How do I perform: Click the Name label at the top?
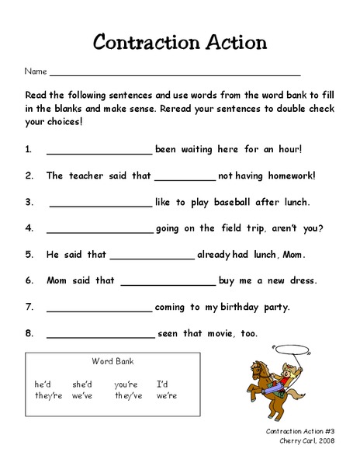(x=36, y=71)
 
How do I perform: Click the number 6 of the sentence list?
(x=29, y=280)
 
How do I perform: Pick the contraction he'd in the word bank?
(x=43, y=384)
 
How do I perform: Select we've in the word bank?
(x=83, y=395)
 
